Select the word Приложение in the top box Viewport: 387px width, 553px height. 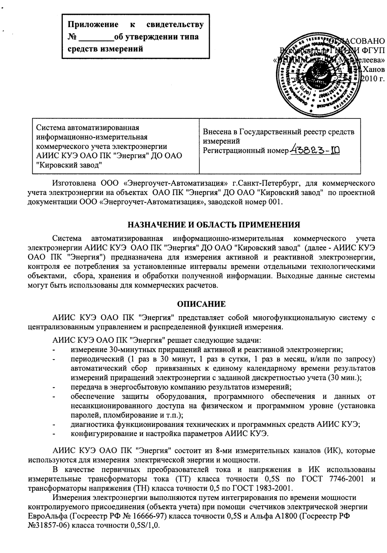point(93,25)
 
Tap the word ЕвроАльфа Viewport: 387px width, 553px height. point(44,516)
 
